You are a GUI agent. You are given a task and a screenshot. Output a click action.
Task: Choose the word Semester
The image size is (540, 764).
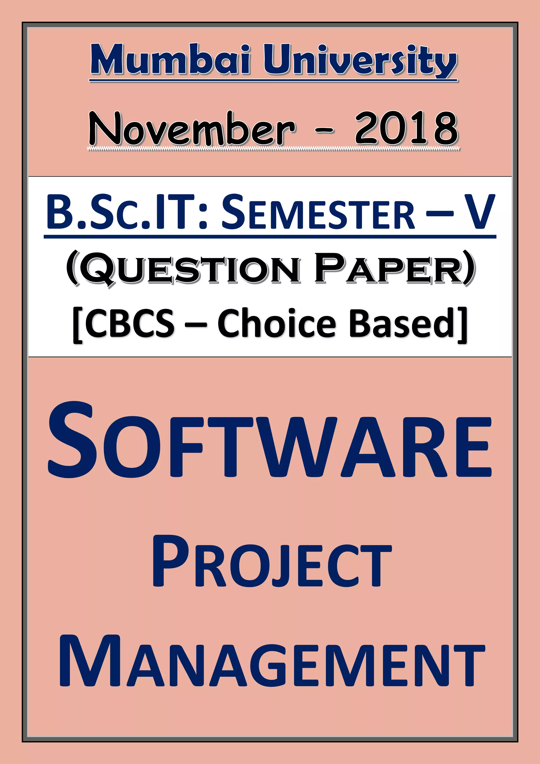point(318,213)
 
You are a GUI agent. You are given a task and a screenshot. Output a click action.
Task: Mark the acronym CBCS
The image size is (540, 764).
point(130,323)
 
